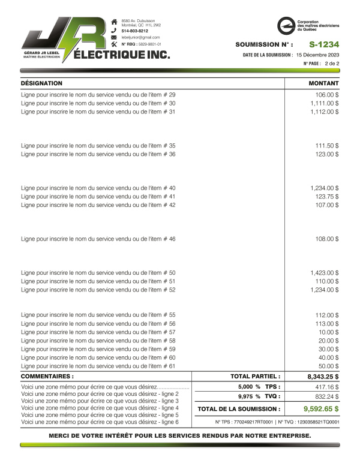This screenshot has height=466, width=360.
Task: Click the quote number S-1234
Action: click(324, 44)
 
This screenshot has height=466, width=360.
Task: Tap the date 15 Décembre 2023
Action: click(317, 55)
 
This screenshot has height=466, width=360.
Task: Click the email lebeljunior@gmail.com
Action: click(140, 37)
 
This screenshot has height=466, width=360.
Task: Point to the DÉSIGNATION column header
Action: click(41, 83)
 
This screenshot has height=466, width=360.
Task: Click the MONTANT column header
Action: click(323, 83)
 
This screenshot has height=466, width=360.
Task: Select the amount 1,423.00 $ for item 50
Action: click(325, 273)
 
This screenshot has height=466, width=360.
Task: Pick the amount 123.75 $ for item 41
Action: click(327, 197)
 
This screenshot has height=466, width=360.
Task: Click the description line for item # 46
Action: click(98, 239)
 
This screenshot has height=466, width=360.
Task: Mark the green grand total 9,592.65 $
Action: click(317, 409)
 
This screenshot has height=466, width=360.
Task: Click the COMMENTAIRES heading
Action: click(47, 377)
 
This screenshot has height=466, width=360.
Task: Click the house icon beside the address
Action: click(114, 22)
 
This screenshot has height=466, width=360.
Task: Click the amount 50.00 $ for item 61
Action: click(328, 366)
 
